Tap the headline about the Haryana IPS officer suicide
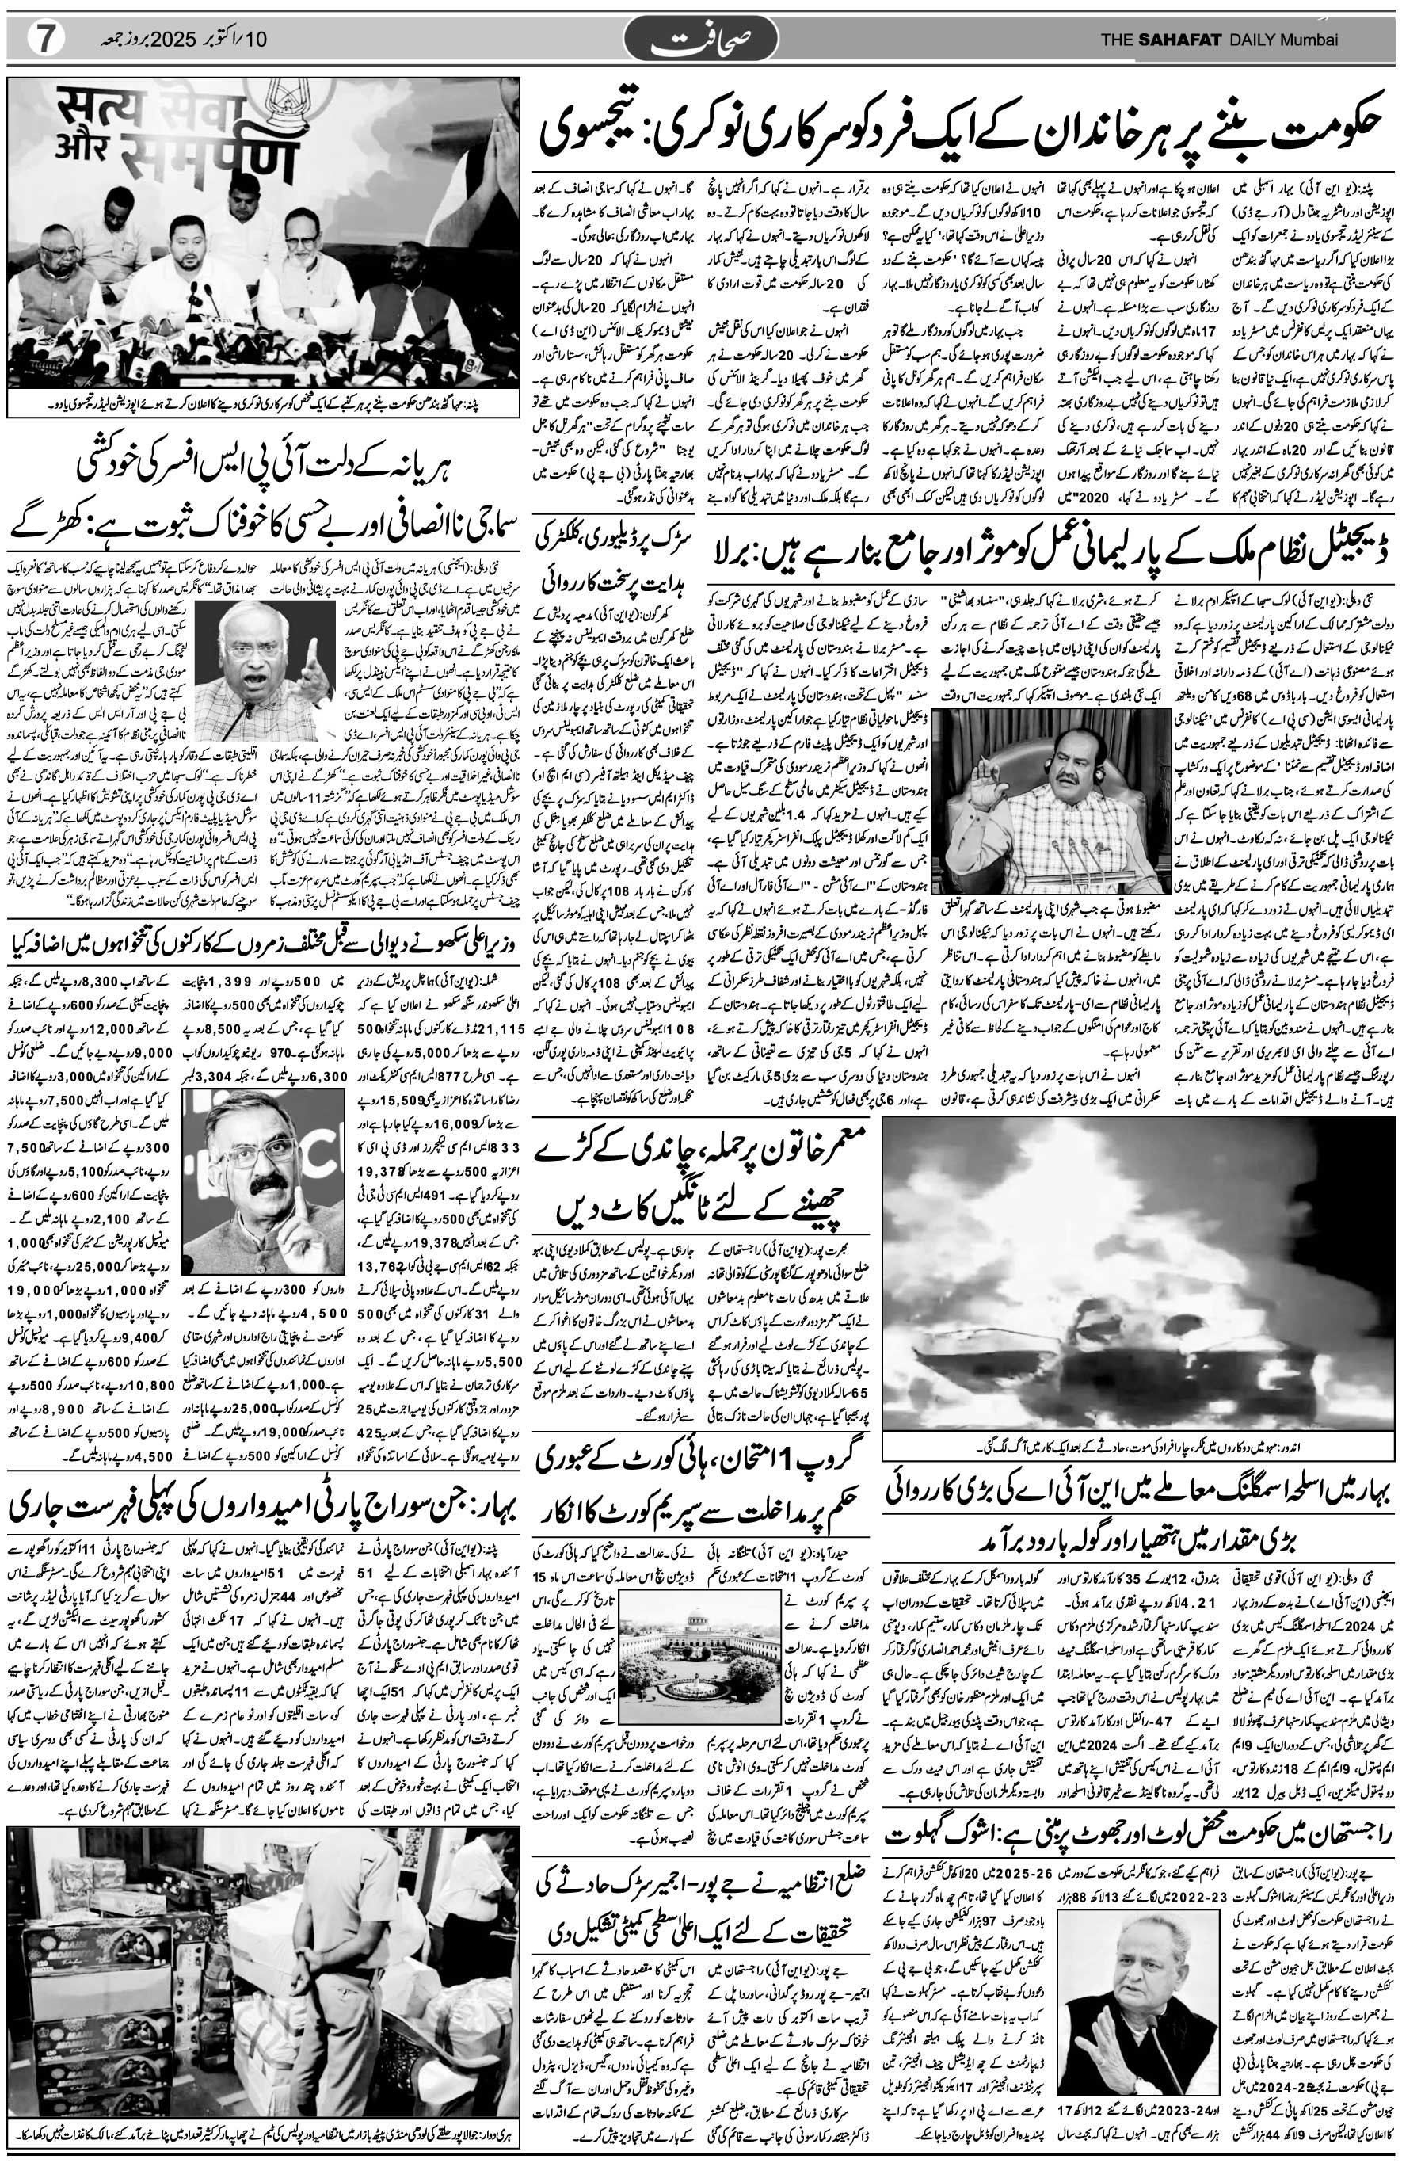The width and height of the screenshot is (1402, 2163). point(264,481)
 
